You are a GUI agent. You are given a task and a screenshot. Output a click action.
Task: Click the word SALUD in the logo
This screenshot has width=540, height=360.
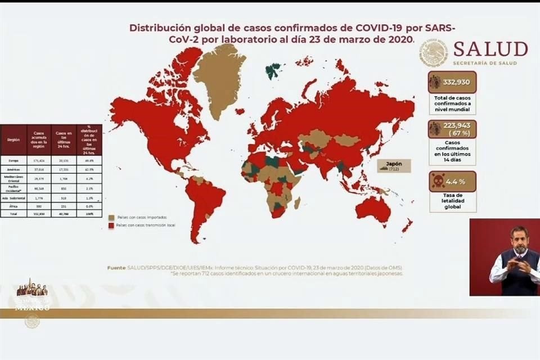(x=490, y=49)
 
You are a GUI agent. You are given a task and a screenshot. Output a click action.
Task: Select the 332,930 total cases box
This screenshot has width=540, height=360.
(x=452, y=82)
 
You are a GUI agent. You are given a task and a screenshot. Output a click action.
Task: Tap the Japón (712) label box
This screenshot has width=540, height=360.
(x=394, y=166)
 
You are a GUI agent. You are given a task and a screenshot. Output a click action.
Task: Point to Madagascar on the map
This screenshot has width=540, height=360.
(x=297, y=202)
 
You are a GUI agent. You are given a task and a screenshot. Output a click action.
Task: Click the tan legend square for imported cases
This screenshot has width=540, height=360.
(x=111, y=217)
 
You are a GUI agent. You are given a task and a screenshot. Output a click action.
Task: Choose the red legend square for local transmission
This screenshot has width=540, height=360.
(x=111, y=225)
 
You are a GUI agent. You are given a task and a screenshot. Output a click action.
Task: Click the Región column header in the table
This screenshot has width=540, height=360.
(x=13, y=140)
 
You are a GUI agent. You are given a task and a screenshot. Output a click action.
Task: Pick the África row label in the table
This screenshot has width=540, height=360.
(x=13, y=206)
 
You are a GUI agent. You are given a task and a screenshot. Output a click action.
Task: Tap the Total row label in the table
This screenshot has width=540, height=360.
(x=13, y=214)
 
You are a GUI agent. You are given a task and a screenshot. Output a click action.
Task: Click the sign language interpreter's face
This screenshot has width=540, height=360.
(x=519, y=241)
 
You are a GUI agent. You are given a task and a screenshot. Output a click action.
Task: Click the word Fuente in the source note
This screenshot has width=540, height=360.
(x=116, y=268)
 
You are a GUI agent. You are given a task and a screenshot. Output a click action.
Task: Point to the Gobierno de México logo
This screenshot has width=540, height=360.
(x=31, y=298)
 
